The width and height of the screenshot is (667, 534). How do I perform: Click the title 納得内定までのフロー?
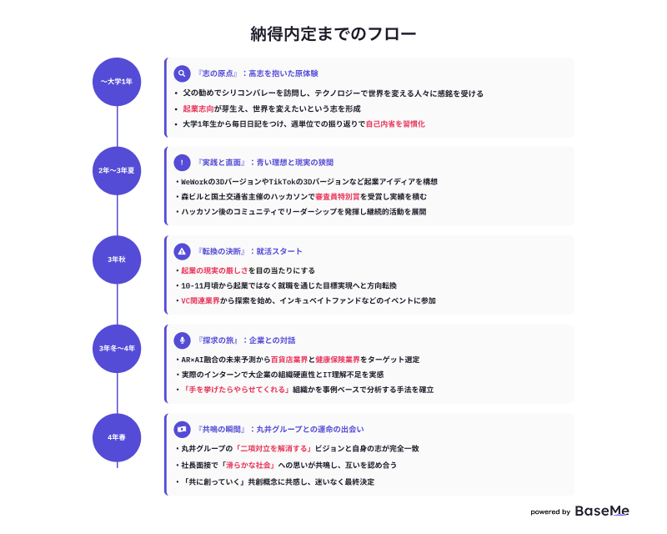tap(333, 34)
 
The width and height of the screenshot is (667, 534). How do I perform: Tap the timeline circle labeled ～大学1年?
tap(117, 82)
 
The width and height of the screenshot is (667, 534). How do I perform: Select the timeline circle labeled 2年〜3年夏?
tap(117, 171)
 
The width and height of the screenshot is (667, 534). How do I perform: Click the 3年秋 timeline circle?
tap(117, 259)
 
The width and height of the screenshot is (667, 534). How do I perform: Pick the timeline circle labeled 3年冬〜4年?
tap(117, 349)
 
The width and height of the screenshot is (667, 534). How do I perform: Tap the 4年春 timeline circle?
tap(117, 438)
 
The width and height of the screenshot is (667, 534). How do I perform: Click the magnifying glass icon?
tap(182, 73)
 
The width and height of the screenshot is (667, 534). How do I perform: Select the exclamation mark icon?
tap(182, 163)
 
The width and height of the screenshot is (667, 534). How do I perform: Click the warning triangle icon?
tap(182, 252)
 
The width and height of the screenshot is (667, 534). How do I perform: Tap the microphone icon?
tap(182, 340)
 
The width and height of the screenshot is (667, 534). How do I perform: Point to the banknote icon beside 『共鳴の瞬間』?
tap(182, 429)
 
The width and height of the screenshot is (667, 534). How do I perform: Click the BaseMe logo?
tap(602, 511)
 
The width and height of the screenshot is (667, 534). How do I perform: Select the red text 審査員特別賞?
tap(338, 197)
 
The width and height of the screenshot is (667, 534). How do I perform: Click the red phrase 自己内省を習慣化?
tap(395, 124)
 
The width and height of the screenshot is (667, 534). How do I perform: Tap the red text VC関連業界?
tap(200, 300)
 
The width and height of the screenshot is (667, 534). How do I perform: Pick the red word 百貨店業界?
tap(289, 360)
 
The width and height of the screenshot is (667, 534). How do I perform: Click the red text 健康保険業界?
tap(338, 360)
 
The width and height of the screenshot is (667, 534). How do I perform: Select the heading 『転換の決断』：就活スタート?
tap(248, 252)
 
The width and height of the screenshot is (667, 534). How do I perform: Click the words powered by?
tap(550, 511)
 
